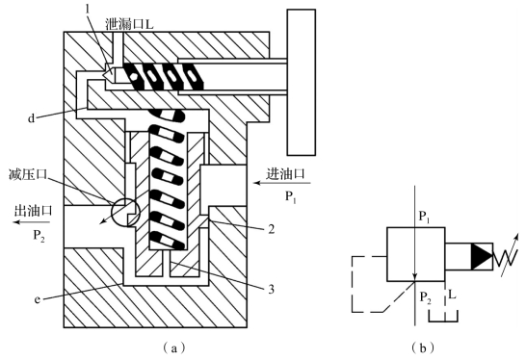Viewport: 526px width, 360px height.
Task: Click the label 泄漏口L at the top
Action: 129,24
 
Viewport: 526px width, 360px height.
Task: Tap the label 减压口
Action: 28,174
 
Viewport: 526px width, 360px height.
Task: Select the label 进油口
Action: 285,173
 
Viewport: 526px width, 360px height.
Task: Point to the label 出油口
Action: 34,211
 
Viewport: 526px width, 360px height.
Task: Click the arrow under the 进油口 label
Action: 282,183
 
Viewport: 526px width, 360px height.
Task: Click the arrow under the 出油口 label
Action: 31,222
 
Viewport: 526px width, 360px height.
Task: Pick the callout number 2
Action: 271,229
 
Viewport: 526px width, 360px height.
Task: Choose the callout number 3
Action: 271,289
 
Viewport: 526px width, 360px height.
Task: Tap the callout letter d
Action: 31,118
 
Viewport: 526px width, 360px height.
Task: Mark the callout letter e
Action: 38,299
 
